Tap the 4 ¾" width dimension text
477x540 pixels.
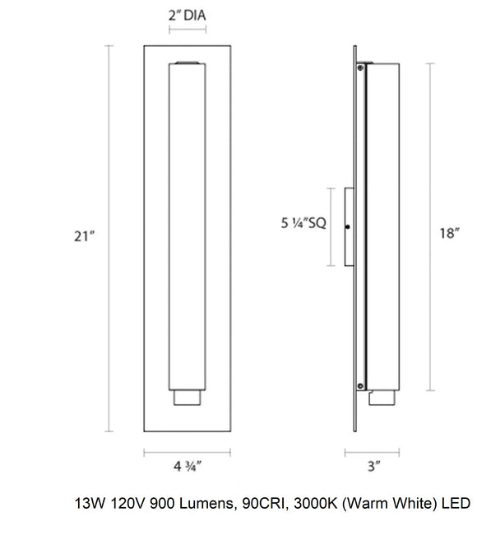[x=187, y=466]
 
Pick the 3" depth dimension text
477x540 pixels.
[x=374, y=466]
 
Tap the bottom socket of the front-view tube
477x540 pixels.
[x=188, y=398]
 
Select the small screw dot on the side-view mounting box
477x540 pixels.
[x=349, y=227]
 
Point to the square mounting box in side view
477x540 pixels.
[x=349, y=227]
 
